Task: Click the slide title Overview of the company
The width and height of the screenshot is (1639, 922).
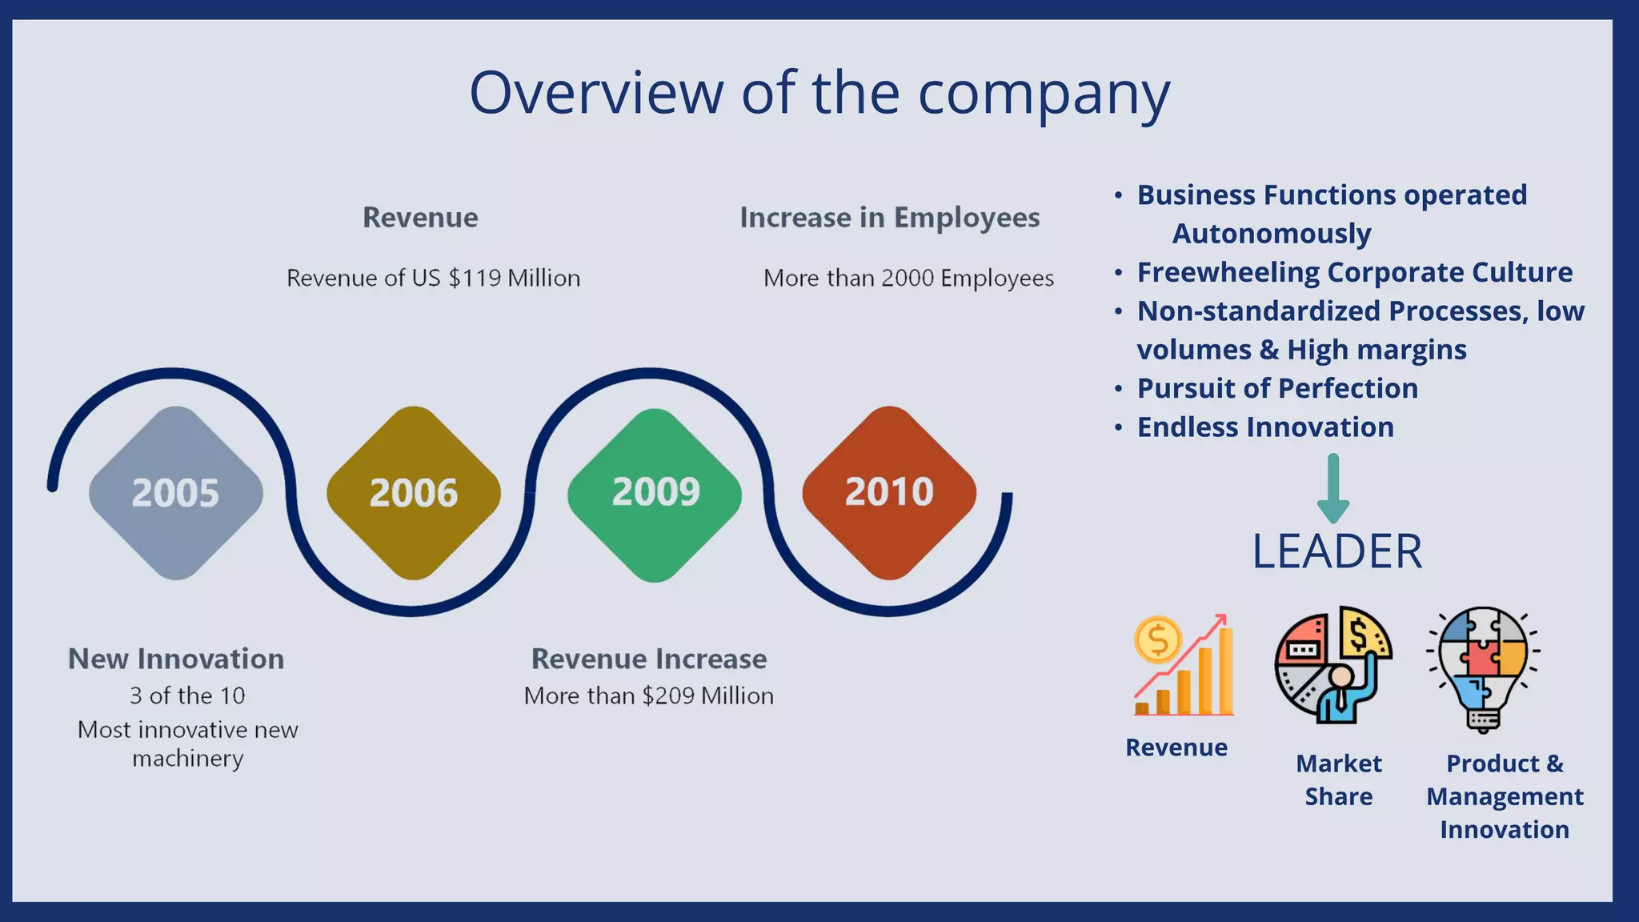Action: coord(819,93)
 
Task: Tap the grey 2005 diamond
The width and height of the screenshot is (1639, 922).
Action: coord(175,493)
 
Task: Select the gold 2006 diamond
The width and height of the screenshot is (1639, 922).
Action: coord(413,493)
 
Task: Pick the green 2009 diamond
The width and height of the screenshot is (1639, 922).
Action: coord(655,493)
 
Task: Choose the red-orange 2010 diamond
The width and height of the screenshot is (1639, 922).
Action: coord(889,492)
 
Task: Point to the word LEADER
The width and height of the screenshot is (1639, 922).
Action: coord(1337,551)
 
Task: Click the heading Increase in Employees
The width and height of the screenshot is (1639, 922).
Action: coord(889,218)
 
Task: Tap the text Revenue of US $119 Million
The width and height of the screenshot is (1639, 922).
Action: coord(433,278)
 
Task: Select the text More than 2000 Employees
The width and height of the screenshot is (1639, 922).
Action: coord(908,278)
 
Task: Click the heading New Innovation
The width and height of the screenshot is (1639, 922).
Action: coord(176,659)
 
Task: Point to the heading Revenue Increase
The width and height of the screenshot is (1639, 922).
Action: coord(649,659)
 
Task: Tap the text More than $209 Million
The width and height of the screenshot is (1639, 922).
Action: coord(649,696)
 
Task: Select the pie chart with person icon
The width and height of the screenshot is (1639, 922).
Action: coord(1333,664)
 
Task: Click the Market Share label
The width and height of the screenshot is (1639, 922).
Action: coord(1338,780)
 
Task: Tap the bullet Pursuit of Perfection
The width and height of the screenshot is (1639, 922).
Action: coord(1277,388)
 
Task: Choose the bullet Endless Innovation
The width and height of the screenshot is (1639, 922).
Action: coord(1265,427)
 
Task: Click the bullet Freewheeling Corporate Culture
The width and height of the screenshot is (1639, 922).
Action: coord(1354,272)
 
